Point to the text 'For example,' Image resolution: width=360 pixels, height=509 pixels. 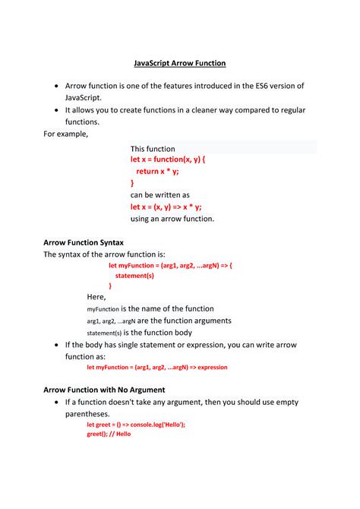click(x=66, y=134)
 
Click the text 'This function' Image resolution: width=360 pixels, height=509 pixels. click(x=153, y=149)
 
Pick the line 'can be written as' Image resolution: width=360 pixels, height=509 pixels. click(x=160, y=194)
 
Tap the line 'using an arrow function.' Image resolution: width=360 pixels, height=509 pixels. click(x=172, y=219)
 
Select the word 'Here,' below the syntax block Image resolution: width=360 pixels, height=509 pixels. click(x=96, y=297)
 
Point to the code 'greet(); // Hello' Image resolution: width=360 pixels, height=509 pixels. click(x=109, y=434)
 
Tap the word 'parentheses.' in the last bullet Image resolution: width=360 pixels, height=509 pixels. click(x=88, y=414)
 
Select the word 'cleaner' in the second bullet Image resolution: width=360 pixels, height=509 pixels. click(x=222, y=110)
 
